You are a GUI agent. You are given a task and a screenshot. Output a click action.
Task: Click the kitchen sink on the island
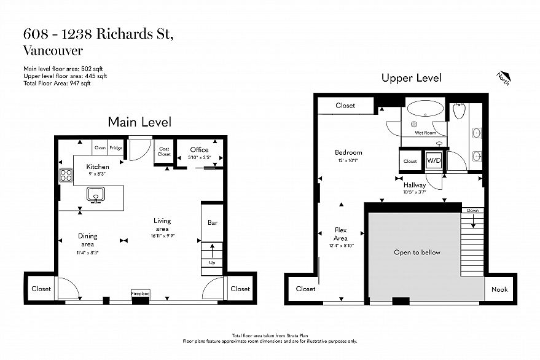(x=94, y=195)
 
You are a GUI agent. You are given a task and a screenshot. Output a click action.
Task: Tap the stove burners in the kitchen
(x=66, y=175)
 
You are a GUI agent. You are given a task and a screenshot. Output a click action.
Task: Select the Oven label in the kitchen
(x=100, y=148)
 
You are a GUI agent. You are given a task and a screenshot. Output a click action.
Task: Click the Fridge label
(x=115, y=148)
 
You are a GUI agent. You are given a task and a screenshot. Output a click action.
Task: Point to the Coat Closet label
(x=164, y=152)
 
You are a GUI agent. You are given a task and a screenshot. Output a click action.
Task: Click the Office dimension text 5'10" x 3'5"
(x=200, y=157)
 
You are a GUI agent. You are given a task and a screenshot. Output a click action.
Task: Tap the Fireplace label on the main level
(x=141, y=294)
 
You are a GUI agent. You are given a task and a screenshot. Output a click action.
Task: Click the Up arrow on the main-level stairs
(x=212, y=251)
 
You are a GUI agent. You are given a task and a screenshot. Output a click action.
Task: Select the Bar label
(x=213, y=222)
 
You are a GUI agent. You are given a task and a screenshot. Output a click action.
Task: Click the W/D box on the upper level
(x=434, y=160)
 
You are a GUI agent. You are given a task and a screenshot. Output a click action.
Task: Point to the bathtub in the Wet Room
(x=425, y=109)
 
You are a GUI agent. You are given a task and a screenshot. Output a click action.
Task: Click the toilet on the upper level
(x=459, y=111)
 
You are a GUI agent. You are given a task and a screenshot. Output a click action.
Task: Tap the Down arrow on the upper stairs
(x=473, y=221)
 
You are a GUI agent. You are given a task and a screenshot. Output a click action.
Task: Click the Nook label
(x=499, y=289)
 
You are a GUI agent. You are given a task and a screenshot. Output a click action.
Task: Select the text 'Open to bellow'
(x=417, y=252)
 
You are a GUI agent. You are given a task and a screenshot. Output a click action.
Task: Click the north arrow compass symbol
(x=504, y=78)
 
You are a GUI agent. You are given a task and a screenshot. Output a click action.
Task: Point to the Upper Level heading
(x=411, y=78)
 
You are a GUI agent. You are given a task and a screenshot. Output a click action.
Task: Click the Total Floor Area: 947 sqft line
(x=57, y=83)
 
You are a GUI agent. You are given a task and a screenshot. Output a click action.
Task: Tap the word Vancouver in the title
(x=53, y=50)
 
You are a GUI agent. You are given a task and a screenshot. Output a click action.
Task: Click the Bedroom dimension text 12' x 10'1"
(x=348, y=160)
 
